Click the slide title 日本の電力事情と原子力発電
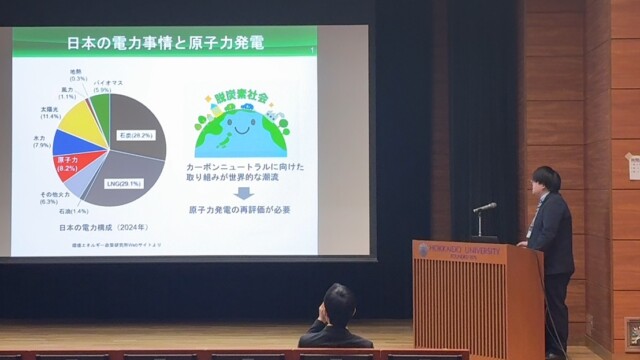pyautogui.click(x=164, y=43)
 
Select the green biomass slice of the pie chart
pyautogui.click(x=100, y=105)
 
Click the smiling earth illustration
pyautogui.click(x=241, y=126)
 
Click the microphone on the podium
pyautogui.click(x=485, y=207)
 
